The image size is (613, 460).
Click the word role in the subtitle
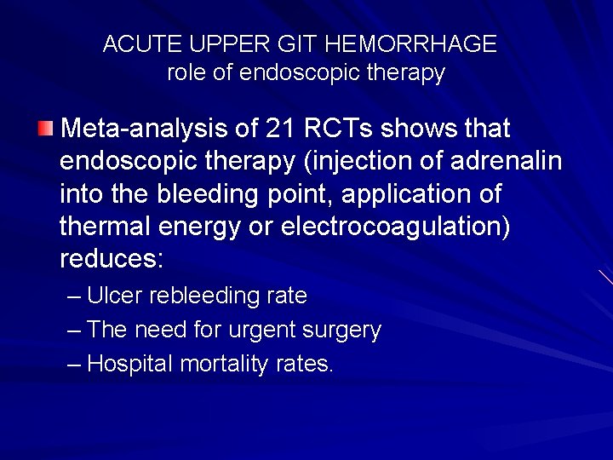(186, 73)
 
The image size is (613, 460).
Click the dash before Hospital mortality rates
(74, 365)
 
